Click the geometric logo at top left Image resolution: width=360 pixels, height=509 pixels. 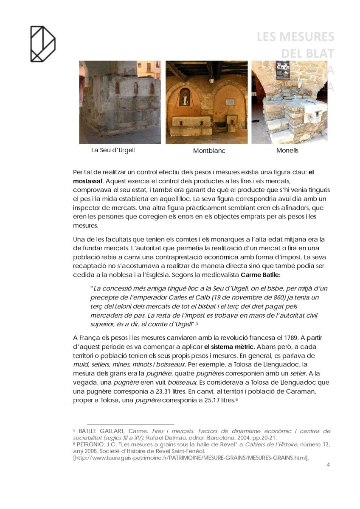[x=42, y=44]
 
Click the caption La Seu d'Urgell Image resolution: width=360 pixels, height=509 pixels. [x=113, y=150]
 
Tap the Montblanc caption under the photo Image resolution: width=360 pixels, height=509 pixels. [x=209, y=151]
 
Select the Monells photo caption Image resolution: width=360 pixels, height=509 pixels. [x=287, y=150]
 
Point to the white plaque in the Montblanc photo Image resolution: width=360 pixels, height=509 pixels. [x=230, y=102]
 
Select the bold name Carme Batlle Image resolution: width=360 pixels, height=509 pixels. [x=260, y=275]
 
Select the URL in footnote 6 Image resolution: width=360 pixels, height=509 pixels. [x=191, y=457]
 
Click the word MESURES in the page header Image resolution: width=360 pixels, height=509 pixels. [x=307, y=37]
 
